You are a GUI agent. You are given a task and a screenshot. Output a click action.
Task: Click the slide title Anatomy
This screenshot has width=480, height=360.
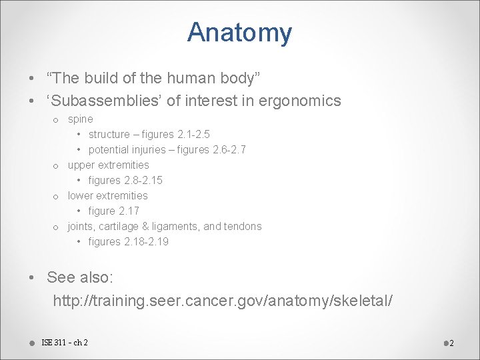coord(239,33)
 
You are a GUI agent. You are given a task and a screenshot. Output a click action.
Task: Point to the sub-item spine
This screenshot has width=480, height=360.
coord(80,119)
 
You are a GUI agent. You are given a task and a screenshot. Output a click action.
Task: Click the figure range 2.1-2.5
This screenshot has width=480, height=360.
coord(193,135)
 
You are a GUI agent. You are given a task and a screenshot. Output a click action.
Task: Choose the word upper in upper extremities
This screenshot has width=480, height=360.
coord(81,165)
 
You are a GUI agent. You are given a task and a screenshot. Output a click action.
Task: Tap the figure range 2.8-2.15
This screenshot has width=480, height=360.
coord(143,181)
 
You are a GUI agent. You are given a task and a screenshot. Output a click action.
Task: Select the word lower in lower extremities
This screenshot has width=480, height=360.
coord(80,196)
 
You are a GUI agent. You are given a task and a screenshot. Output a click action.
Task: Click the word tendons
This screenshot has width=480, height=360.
coord(244,227)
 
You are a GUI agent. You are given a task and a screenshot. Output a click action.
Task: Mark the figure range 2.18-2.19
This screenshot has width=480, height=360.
coord(147,242)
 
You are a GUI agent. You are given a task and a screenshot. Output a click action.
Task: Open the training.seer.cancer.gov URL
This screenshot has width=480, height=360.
coord(223,301)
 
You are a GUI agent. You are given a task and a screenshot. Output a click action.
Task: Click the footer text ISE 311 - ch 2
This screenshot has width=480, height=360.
coord(65,343)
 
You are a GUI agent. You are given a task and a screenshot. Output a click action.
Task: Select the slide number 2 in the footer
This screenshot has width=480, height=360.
coord(451,343)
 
